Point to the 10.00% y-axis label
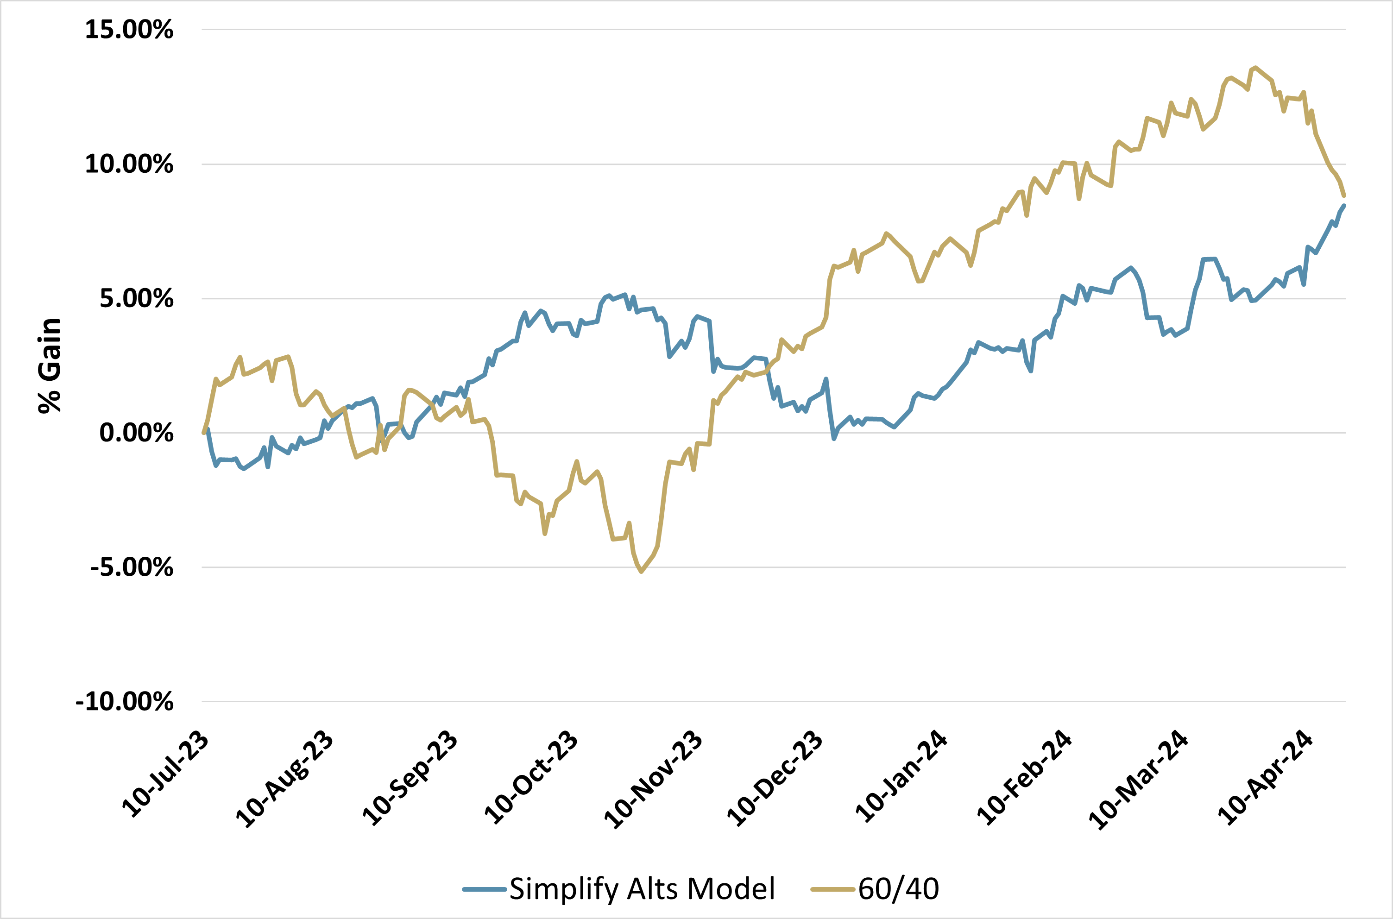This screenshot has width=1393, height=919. coord(129,164)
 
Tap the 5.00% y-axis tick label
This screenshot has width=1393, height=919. coord(136,299)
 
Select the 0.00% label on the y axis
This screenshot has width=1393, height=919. coord(136,433)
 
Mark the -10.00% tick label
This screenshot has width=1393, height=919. coord(124,702)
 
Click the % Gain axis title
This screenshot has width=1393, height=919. coord(50,366)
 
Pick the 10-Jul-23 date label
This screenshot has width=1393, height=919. coord(165,775)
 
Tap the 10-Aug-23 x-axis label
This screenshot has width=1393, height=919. coord(284,780)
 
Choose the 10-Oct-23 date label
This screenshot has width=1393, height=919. coord(531,777)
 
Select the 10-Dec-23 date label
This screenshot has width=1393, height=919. coord(775,779)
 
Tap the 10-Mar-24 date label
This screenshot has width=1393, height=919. coord(1139,780)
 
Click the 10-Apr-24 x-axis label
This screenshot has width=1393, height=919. coord(1265,778)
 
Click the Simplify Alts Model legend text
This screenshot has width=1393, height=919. coord(642,889)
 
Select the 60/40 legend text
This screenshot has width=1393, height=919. coord(898,889)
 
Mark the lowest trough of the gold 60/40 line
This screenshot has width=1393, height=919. coord(641,572)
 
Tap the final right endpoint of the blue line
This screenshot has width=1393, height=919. coord(1344,206)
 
